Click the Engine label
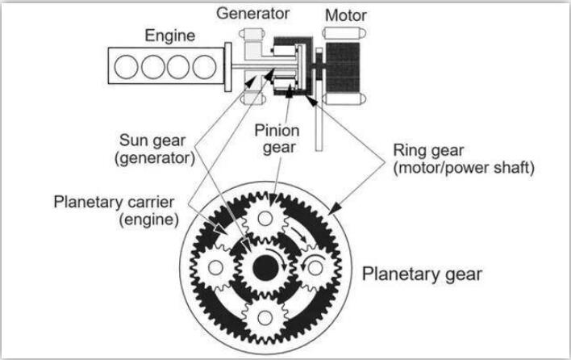pos(169,36)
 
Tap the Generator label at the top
pos(252,14)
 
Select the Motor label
pos(346,15)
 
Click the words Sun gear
pos(152,140)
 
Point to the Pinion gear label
pos(277,140)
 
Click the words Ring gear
pos(428,151)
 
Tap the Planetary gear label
pos(422,274)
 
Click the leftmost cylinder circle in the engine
pos(126,67)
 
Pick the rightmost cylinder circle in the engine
pos(204,67)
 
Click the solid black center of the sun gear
pos(265,268)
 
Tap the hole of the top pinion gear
pos(265,219)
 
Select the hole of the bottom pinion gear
pos(265,318)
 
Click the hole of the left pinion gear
pos(215,268)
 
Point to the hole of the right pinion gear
pos(315,268)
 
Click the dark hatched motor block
pos(343,67)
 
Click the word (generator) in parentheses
pos(155,158)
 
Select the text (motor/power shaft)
pos(464,168)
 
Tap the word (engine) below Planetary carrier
pos(149,220)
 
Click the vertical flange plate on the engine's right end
pos(228,67)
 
